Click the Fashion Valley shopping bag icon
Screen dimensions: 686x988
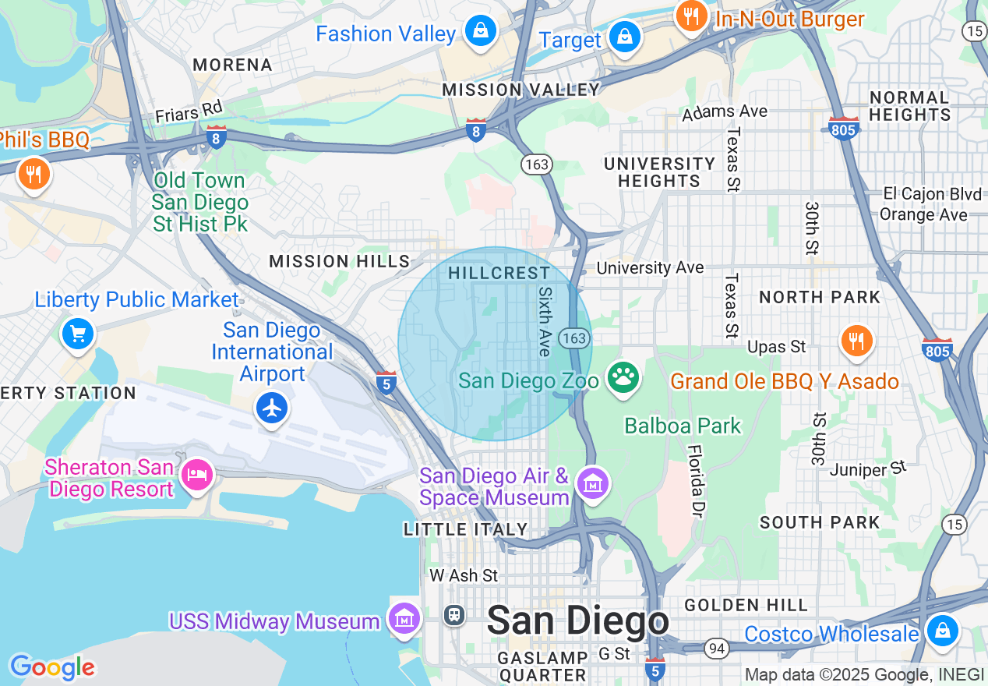[x=481, y=32]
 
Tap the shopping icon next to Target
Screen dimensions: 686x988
[x=624, y=37]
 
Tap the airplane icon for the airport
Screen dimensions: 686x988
[x=272, y=408]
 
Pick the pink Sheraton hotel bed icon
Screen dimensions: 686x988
[x=196, y=474]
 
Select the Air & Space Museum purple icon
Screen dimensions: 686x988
[x=594, y=485]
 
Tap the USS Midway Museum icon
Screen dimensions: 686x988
[x=404, y=620]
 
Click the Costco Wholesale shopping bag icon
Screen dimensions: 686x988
[x=942, y=630]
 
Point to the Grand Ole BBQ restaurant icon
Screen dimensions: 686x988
[x=856, y=341]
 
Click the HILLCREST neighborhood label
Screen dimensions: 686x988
[x=499, y=274]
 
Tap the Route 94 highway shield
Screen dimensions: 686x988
[x=716, y=648]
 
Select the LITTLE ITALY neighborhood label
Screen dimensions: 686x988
[x=466, y=530]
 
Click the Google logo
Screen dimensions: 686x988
[x=52, y=667]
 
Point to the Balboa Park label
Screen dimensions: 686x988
[x=683, y=426]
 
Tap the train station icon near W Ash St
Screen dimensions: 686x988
[x=454, y=615]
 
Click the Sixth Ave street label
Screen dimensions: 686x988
[x=544, y=320]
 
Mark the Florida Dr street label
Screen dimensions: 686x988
[x=696, y=482]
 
